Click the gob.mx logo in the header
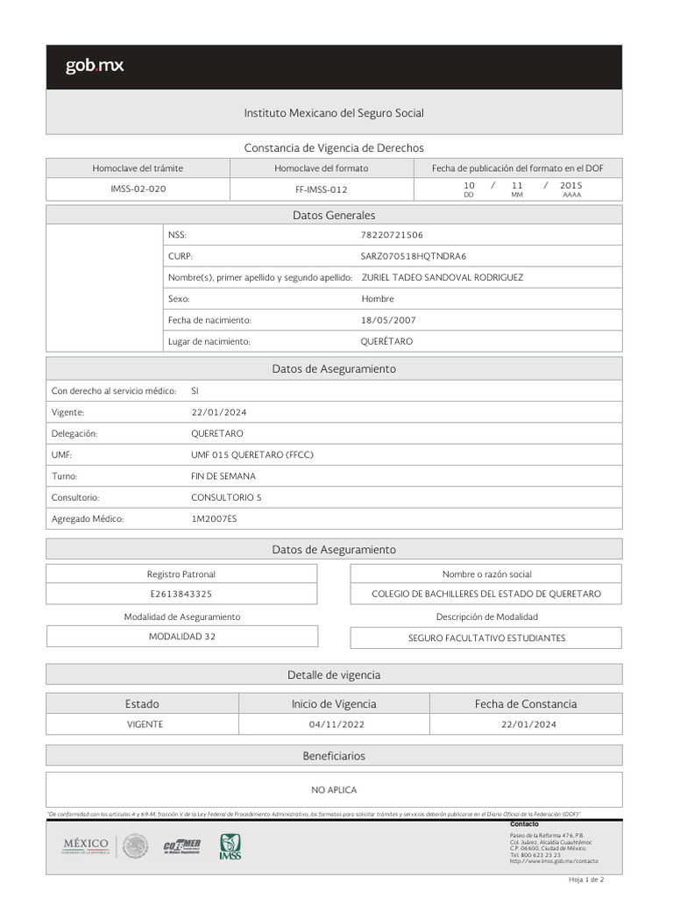click(95, 66)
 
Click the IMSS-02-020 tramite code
click(138, 189)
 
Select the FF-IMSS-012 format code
click(322, 189)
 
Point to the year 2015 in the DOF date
click(571, 186)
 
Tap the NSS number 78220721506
click(392, 235)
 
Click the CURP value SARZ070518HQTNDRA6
click(414, 256)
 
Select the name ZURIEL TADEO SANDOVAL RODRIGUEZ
click(443, 277)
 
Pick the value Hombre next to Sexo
click(378, 299)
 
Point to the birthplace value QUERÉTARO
click(386, 341)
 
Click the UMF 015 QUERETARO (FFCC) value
click(252, 455)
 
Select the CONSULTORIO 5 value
click(226, 497)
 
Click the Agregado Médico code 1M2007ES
click(214, 519)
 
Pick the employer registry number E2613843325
click(181, 594)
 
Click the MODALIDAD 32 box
click(181, 637)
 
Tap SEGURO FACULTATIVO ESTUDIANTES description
click(486, 638)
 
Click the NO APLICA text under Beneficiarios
click(334, 790)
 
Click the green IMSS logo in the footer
click(230, 846)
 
